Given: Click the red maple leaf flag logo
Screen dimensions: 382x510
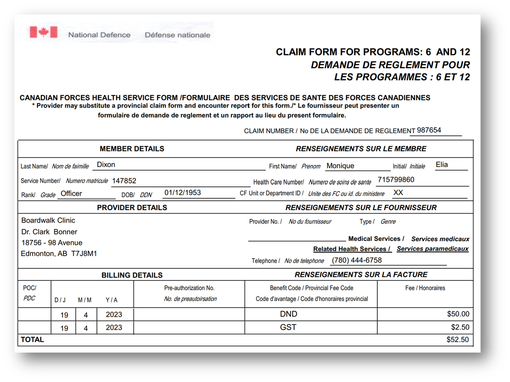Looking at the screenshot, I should coord(43,32).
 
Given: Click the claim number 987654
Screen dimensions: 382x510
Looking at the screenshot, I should coord(429,130).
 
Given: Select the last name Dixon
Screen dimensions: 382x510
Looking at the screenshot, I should coord(106,165).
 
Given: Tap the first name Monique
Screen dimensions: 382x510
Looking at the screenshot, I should coord(340,166).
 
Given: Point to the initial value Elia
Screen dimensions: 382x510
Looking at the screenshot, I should coord(442,165).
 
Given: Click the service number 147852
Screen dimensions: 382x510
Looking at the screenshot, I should coord(124,181).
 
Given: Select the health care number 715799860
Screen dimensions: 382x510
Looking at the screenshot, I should coord(395,180).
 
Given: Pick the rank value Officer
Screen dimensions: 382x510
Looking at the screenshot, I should coord(71,194).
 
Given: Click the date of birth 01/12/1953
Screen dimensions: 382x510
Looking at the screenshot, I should coord(183,193).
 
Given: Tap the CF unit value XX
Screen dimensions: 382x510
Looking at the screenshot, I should coord(398,193).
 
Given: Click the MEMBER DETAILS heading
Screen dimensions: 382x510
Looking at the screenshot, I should coord(132,148).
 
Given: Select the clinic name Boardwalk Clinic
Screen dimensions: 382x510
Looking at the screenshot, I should coord(48,220).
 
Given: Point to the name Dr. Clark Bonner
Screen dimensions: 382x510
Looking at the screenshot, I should coord(49,232).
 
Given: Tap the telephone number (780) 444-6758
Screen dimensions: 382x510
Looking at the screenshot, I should coord(356,260).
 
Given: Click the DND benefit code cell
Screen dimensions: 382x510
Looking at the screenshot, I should coord(289,314).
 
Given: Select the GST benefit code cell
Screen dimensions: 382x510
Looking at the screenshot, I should coord(288,327).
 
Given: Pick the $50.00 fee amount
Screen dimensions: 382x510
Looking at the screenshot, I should coord(458,314).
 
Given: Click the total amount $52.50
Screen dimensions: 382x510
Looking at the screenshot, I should coord(457,339).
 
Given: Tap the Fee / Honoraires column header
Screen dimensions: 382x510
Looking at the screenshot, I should coord(425,288).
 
